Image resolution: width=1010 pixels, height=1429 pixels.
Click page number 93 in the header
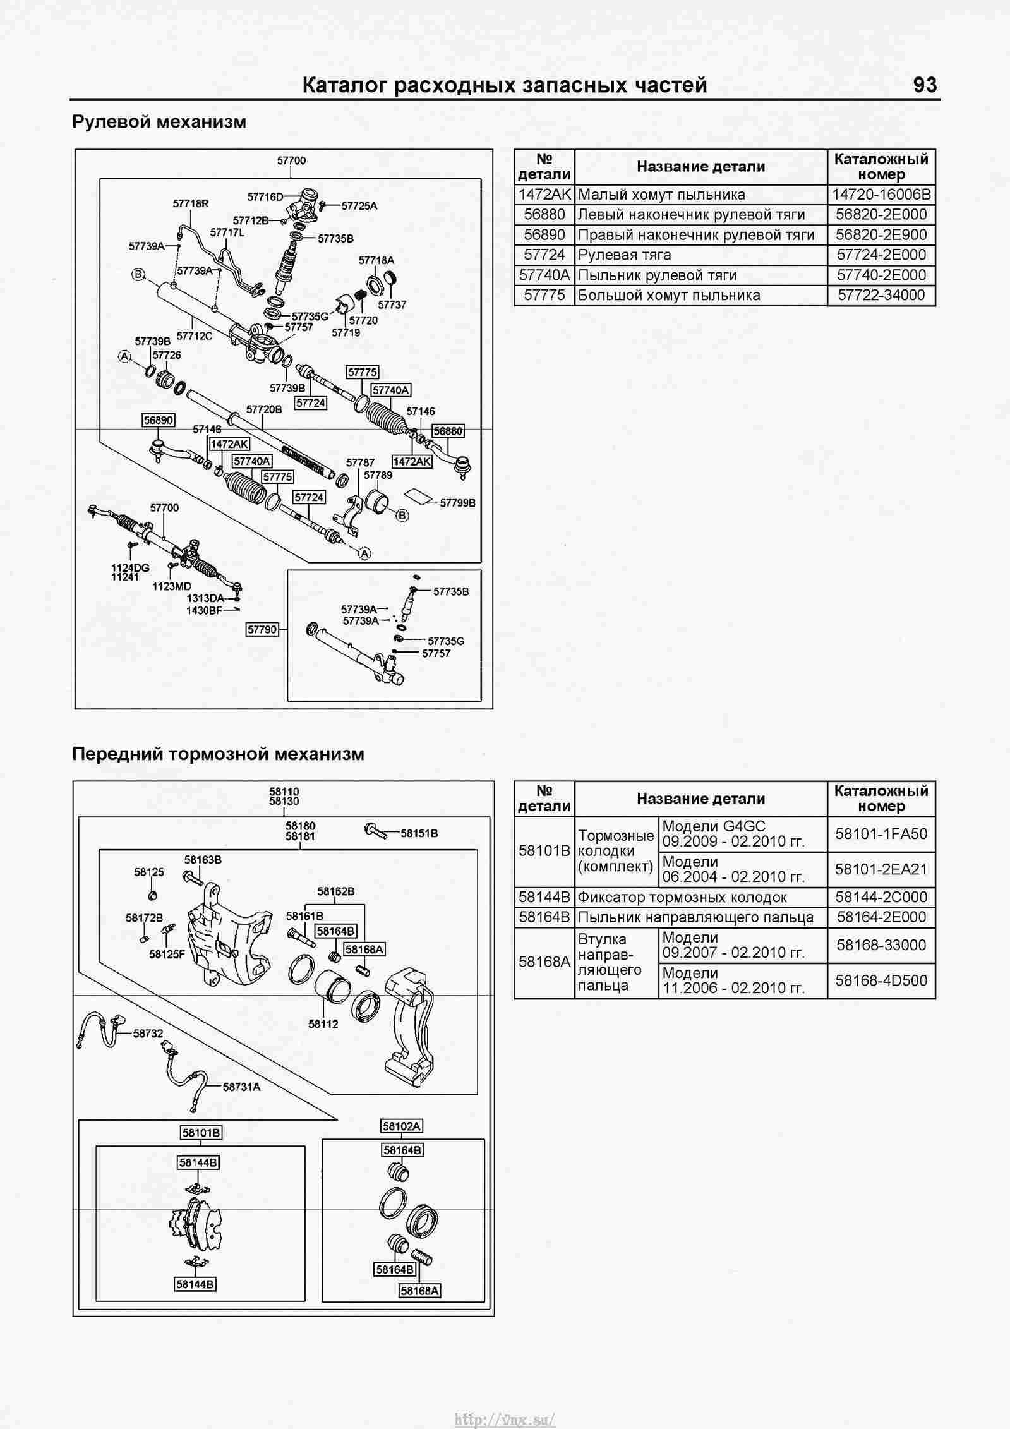click(x=925, y=85)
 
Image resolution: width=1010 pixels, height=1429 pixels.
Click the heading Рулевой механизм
click(x=159, y=121)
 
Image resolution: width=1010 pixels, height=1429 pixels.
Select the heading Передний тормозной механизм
click(x=218, y=754)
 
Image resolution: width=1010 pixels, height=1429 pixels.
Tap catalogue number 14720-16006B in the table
click(x=881, y=195)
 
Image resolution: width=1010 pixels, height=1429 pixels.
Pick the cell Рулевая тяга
click(x=625, y=255)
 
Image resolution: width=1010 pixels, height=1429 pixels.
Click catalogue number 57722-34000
click(x=881, y=295)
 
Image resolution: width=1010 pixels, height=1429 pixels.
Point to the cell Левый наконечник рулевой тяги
click(x=683, y=215)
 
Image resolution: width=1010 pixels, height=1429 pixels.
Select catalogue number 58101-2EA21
click(x=881, y=869)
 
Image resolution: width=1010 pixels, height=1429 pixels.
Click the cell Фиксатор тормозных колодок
click(x=683, y=897)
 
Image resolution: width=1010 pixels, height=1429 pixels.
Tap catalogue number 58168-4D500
click(x=881, y=980)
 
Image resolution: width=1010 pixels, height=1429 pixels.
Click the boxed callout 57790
click(x=262, y=629)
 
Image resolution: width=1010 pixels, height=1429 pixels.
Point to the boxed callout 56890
click(x=159, y=420)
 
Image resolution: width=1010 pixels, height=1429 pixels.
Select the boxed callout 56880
click(x=448, y=431)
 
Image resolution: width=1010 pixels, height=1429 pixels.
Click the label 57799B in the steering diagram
click(x=457, y=503)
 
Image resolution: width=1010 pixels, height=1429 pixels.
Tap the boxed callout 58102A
click(x=402, y=1126)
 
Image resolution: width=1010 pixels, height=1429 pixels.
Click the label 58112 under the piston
click(x=323, y=1023)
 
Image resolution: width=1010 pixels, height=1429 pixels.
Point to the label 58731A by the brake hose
click(x=241, y=1087)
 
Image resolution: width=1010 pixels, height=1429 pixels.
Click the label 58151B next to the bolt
click(x=419, y=833)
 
